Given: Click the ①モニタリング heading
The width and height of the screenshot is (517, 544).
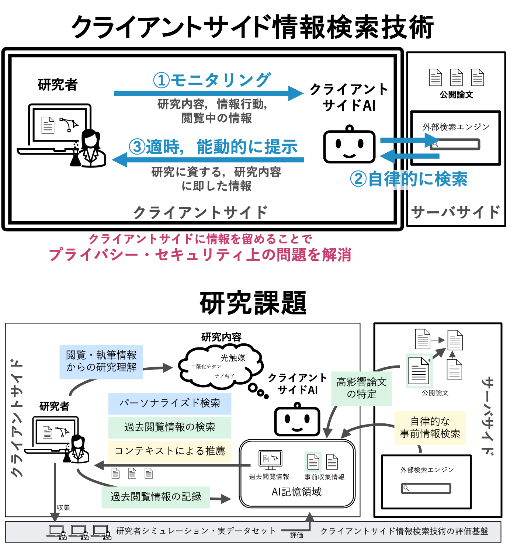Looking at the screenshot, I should pos(212,80).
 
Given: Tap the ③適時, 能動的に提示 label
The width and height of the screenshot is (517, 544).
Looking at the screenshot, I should pos(213,147).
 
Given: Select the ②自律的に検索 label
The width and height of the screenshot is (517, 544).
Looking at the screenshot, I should pos(409,179).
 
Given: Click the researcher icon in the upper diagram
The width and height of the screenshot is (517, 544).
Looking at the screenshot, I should pos(91,148).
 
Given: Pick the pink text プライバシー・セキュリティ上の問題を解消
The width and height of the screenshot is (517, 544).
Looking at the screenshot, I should pos(200,254).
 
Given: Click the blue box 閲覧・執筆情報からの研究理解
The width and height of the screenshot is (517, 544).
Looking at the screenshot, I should pos(101,362).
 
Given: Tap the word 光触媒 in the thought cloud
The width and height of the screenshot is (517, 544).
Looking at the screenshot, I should pos(233,358).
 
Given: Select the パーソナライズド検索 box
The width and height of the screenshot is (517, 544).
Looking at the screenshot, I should pos(170,403).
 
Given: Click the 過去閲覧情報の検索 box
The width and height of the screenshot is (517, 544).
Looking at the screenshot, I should pos(170,427).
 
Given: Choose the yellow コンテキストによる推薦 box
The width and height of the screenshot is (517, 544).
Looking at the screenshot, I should pos(170,451).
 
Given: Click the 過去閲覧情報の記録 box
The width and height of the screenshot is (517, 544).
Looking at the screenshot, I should pos(156,497).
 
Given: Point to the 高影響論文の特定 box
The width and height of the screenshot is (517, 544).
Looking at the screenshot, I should pos(361,388).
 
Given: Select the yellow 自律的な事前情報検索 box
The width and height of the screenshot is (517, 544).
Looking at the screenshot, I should pos(430,428).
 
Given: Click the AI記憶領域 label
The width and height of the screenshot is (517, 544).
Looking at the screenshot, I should pos(296,492).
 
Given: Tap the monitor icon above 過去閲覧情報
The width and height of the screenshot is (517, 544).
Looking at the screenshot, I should pos(270,460).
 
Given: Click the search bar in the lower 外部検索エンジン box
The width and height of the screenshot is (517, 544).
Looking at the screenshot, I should pos(426,488).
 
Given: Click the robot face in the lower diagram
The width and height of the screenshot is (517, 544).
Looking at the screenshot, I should pos(297,421).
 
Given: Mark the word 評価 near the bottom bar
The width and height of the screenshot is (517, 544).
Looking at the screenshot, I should pos(296,535).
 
